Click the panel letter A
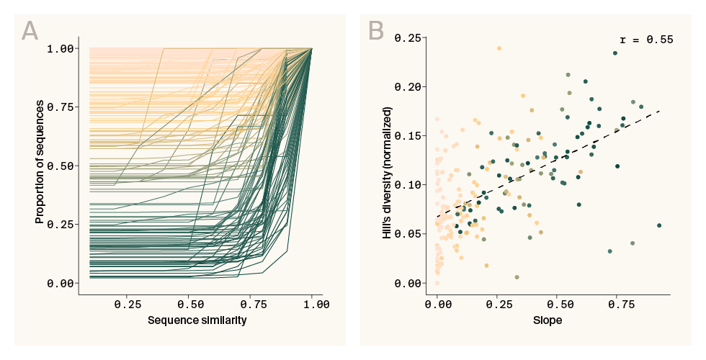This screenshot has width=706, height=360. [30, 31]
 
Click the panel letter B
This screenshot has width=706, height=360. [375, 31]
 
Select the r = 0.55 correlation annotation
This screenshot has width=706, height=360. [646, 40]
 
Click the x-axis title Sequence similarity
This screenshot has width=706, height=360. [197, 320]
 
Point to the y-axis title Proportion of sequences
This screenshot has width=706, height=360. [40, 166]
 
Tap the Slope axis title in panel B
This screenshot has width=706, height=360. [548, 320]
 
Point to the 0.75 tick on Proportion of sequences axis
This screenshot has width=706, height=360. [60, 107]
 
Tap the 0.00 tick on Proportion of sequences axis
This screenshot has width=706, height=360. [60, 283]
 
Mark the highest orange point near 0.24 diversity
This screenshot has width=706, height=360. [499, 49]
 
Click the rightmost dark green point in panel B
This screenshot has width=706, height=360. [659, 225]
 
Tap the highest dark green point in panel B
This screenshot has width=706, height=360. [615, 53]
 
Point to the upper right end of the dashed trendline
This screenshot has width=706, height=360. [659, 111]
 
